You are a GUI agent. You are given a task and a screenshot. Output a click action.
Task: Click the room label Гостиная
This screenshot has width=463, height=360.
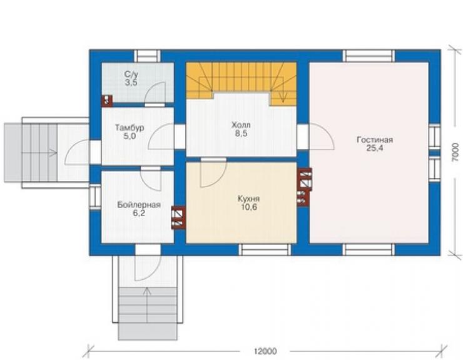click(375, 140)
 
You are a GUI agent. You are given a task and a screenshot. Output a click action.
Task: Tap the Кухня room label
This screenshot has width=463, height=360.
click(248, 198)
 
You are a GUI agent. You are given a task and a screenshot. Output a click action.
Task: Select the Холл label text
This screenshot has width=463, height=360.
click(242, 125)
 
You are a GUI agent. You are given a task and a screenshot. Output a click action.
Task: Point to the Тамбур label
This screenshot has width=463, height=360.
click(130, 128)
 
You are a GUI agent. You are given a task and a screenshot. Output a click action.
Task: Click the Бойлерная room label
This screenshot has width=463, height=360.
click(139, 205)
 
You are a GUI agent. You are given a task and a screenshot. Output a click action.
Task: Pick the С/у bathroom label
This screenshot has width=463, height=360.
click(131, 74)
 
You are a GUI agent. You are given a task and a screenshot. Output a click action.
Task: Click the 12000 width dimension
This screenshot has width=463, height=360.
click(265, 351)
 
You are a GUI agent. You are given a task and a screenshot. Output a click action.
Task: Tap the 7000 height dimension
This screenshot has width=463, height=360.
click(455, 152)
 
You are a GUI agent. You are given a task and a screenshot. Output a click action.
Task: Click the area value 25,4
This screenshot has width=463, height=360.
click(375, 148)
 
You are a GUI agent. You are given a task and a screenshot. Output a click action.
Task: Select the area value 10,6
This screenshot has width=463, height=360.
click(249, 207)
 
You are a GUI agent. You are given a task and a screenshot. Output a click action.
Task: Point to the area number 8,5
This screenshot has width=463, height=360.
click(242, 133)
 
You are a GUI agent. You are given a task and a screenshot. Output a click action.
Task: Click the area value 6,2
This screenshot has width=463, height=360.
click(138, 213)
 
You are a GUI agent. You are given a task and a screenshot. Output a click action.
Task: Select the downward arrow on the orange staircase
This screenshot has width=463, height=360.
click(283, 95)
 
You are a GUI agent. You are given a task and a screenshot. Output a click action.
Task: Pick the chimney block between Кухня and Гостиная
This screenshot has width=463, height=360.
click(304, 186)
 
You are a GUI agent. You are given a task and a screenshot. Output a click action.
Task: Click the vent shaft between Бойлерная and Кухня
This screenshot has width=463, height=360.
click(178, 217)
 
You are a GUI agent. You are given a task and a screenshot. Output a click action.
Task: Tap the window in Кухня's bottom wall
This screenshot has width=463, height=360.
click(265, 250)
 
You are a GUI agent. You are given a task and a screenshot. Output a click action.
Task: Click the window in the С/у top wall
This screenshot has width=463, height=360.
click(147, 56)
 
